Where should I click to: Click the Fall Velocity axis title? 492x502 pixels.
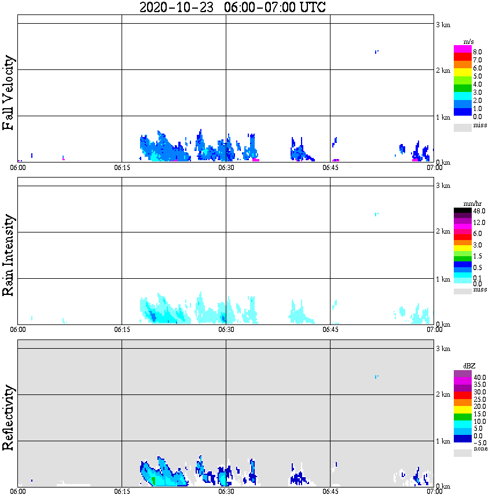click(9, 93)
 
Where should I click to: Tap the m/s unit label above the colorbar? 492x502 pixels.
click(469, 42)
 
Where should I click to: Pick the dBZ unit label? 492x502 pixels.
click(469, 366)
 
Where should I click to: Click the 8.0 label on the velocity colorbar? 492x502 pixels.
click(478, 52)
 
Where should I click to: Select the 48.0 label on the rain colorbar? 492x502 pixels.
click(479, 211)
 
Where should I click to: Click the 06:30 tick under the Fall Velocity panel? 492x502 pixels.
click(226, 168)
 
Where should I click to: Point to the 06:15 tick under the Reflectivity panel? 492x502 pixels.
click(122, 492)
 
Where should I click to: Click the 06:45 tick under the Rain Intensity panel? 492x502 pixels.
click(330, 330)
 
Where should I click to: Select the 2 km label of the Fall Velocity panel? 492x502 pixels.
click(442, 71)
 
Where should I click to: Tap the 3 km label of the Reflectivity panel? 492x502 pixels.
click(442, 349)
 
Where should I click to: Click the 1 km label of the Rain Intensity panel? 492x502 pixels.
click(442, 279)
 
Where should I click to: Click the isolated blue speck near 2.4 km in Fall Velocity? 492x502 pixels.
click(377, 52)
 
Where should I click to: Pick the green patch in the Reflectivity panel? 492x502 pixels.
click(153, 481)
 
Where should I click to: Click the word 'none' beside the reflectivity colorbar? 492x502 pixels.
click(480, 449)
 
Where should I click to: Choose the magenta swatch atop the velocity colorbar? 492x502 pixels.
click(462, 49)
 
